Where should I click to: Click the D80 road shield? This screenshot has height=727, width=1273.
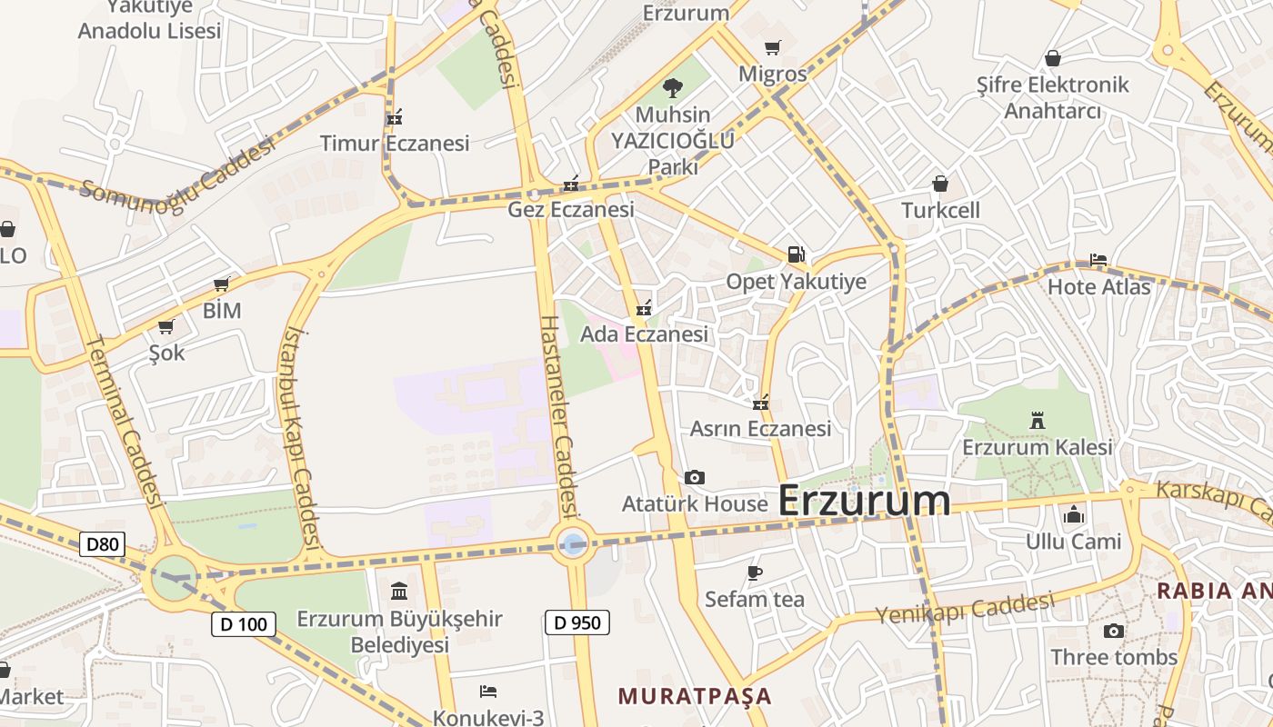(x=102, y=545)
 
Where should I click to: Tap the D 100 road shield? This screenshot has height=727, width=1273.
(x=243, y=624)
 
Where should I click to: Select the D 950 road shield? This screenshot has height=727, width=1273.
(x=576, y=622)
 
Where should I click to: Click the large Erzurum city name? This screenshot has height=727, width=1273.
(x=865, y=501)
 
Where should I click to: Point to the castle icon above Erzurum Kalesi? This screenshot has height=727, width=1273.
(x=1037, y=420)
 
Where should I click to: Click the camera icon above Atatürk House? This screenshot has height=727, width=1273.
(x=695, y=477)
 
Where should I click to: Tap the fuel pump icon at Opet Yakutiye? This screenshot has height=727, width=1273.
(x=796, y=254)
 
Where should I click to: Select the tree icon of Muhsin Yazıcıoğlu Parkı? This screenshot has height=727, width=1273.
(x=673, y=88)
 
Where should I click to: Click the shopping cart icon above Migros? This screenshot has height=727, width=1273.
(x=772, y=47)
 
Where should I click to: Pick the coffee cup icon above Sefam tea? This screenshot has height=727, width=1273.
(x=754, y=572)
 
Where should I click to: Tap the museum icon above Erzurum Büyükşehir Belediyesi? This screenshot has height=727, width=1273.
(x=399, y=592)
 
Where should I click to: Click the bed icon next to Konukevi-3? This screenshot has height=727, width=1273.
(x=488, y=692)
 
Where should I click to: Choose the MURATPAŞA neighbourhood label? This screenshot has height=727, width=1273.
(x=695, y=697)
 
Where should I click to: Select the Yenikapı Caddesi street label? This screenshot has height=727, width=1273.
(x=965, y=608)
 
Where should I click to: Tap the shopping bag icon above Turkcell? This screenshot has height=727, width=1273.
(x=940, y=184)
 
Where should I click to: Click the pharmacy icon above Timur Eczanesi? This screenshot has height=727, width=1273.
(x=395, y=116)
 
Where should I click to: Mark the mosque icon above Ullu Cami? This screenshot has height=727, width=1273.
(x=1074, y=514)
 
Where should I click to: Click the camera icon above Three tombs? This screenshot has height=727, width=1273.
(x=1114, y=631)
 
